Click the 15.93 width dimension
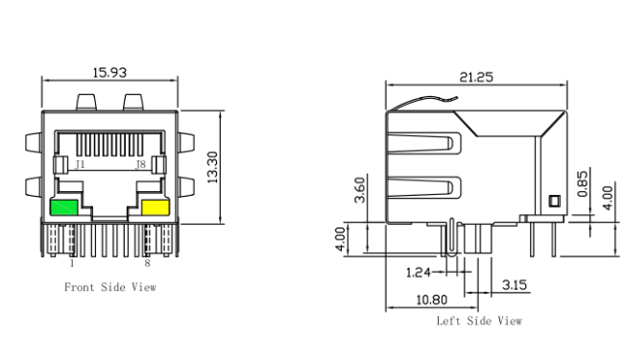pos(109,73)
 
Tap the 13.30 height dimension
pos(213,167)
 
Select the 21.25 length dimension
pos(476,77)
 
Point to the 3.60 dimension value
pos(359,190)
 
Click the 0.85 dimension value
pos(582,183)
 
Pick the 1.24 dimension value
pos(418,273)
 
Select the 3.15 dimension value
pos(515,285)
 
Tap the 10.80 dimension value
pos(431,300)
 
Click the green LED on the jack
pos(63,207)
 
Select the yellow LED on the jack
pos(156,207)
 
